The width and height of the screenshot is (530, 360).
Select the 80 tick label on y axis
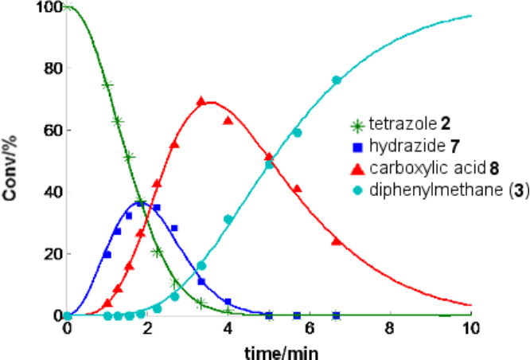(51, 68)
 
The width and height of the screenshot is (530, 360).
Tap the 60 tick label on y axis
(51, 130)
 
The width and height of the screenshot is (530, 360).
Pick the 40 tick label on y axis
(51, 192)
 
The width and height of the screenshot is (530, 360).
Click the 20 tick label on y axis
(51, 253)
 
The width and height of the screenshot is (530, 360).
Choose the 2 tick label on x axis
(149, 328)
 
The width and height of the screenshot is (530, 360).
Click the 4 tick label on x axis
(229, 328)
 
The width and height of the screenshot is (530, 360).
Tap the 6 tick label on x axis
(310, 328)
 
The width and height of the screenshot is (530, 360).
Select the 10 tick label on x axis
(471, 328)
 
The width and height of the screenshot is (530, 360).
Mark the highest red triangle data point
(201, 101)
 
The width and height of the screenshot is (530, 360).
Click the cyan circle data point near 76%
(337, 80)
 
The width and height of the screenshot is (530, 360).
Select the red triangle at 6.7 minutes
(337, 241)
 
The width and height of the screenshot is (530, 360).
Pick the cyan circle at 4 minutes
(228, 219)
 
